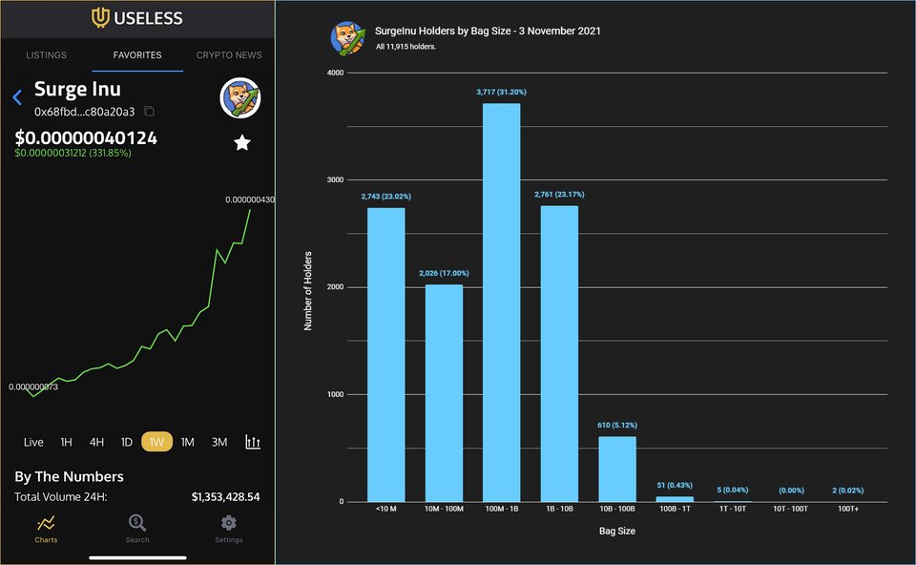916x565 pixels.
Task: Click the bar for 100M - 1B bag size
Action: (501, 302)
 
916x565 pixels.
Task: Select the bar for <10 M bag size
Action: (385, 354)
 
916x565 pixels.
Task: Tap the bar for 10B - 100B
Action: (616, 469)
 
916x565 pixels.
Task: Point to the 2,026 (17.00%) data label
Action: (444, 273)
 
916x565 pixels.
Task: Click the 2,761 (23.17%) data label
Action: (559, 195)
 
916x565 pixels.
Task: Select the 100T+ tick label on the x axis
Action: (847, 510)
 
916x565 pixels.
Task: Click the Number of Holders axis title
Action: (308, 287)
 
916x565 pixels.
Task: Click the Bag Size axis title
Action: (615, 531)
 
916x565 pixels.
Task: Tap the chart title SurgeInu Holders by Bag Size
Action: (489, 31)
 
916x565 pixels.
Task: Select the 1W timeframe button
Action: (156, 442)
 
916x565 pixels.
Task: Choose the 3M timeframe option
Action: (219, 442)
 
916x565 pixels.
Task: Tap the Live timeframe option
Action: (33, 442)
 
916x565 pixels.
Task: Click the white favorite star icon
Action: (242, 142)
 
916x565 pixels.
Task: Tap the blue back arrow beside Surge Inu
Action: (17, 97)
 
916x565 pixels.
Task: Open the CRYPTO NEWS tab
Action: (229, 55)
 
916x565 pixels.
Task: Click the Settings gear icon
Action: (228, 523)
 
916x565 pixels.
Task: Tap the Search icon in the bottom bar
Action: (137, 523)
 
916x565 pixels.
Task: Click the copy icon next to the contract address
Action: (149, 112)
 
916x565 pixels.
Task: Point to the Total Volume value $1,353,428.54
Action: (225, 497)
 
